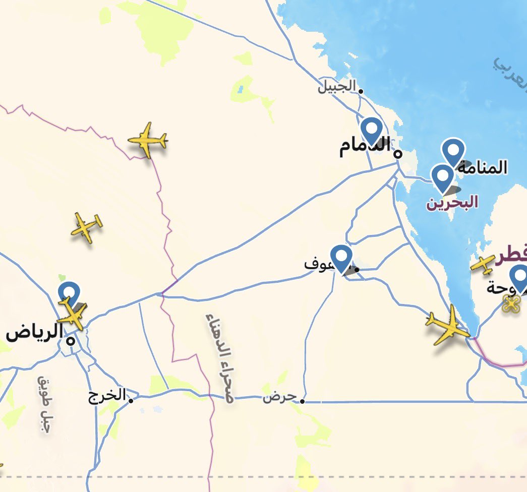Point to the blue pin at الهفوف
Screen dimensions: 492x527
coord(341,258)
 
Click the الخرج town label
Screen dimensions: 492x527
coord(107,396)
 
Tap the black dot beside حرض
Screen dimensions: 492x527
coord(302,401)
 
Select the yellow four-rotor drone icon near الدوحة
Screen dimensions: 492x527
coord(511,303)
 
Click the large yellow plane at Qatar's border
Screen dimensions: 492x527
coord(447,326)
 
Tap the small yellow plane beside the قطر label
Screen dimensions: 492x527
coord(483,265)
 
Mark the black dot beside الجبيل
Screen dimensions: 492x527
coord(361,91)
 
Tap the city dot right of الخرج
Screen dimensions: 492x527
coord(131,401)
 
